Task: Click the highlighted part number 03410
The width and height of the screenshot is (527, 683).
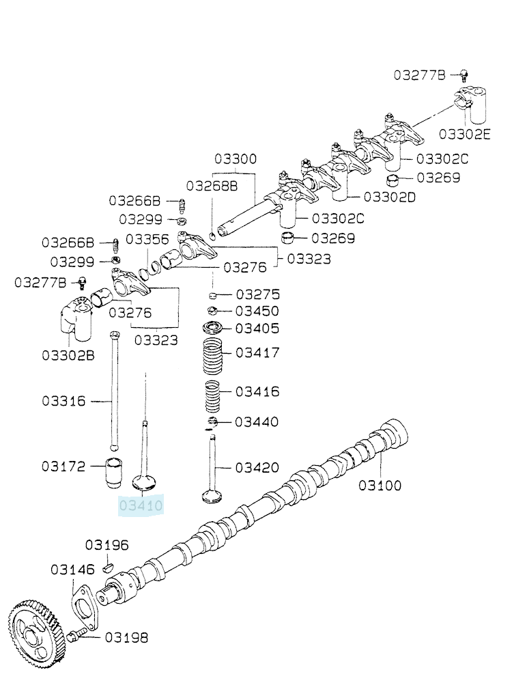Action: click(141, 505)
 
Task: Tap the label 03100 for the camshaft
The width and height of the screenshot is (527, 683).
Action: click(380, 485)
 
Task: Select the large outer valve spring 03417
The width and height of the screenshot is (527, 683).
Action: click(214, 356)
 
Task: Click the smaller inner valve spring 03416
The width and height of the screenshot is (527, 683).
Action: click(212, 396)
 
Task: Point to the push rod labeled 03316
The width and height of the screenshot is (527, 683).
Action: click(115, 391)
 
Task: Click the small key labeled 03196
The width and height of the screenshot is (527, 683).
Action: click(108, 567)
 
